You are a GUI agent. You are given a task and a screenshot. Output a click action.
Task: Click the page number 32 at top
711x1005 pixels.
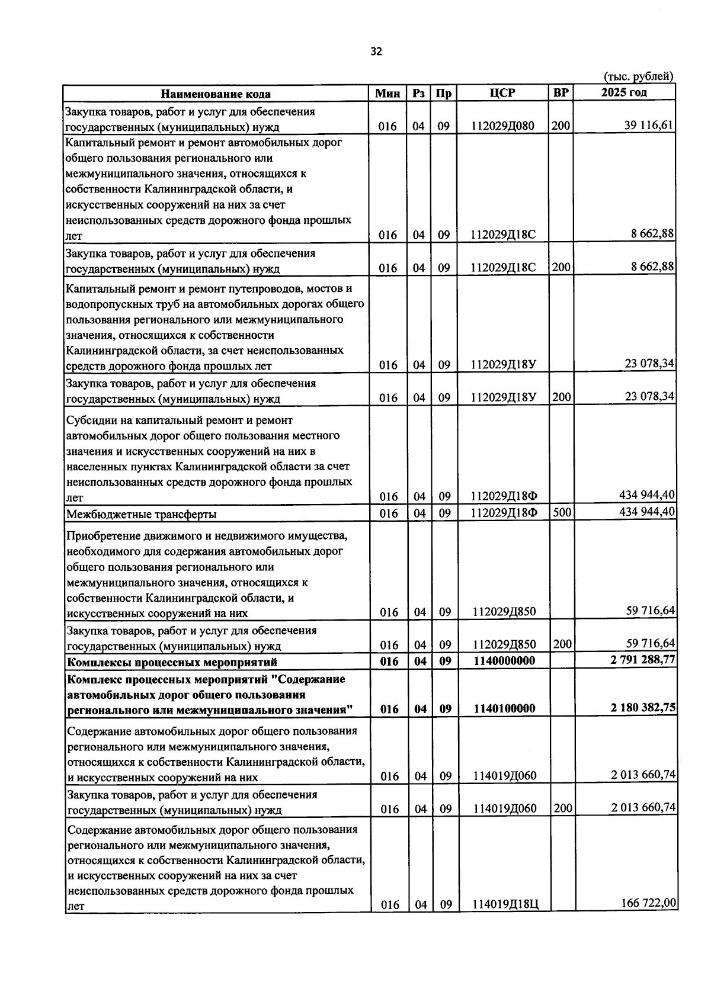click(x=376, y=52)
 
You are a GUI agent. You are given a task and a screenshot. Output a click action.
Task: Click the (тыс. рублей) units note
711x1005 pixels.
click(x=638, y=76)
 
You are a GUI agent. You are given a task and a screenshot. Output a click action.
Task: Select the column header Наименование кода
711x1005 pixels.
click(x=216, y=94)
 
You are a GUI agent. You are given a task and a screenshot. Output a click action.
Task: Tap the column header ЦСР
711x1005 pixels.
click(x=502, y=93)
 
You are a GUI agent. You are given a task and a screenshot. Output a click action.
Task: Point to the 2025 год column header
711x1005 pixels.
click(x=624, y=92)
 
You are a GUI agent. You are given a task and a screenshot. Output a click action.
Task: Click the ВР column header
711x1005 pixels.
click(x=561, y=93)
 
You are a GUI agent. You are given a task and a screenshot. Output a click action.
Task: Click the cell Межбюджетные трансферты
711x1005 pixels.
click(x=142, y=514)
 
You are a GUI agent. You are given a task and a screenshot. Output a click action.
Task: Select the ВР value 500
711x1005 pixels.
click(x=562, y=512)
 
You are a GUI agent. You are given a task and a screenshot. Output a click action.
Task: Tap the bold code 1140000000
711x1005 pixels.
click(x=504, y=662)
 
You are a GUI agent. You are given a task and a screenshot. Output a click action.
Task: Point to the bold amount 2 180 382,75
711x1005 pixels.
click(x=643, y=707)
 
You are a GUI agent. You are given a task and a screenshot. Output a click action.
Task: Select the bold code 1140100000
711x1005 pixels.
click(x=504, y=709)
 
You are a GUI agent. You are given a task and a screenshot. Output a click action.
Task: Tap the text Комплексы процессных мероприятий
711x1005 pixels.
click(x=172, y=662)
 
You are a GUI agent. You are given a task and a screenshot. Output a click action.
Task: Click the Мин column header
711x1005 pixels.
click(x=387, y=93)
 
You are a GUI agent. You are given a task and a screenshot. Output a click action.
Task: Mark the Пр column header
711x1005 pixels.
click(x=443, y=93)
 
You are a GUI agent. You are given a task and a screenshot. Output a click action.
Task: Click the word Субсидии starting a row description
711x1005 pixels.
click(x=89, y=420)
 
